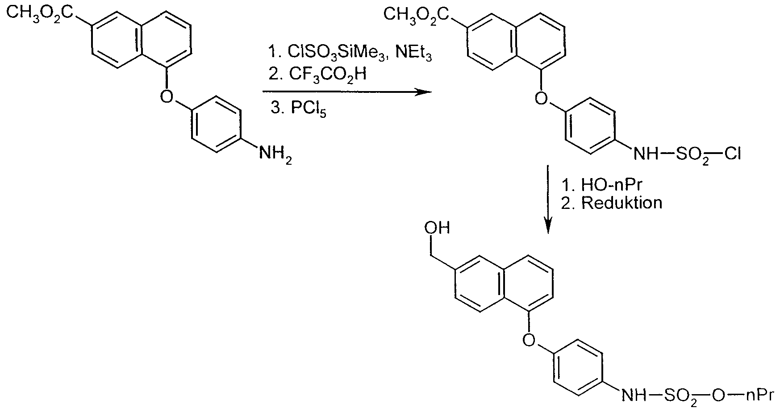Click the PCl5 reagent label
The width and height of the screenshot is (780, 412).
click(x=309, y=109)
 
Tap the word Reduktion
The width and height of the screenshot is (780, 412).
click(x=621, y=203)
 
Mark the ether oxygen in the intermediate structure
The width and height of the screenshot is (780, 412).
click(x=541, y=97)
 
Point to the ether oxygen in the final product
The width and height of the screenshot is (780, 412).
click(x=528, y=339)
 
